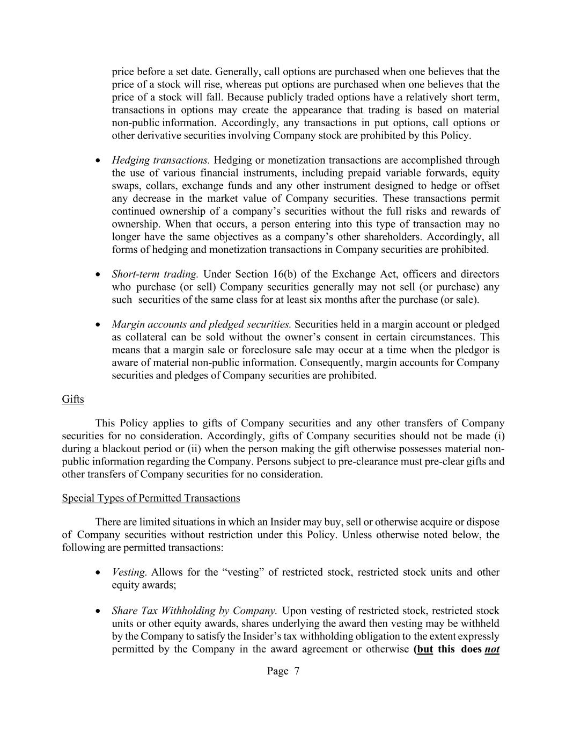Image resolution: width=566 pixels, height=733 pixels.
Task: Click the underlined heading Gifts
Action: (x=73, y=400)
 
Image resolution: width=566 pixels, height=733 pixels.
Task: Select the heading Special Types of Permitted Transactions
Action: (x=151, y=498)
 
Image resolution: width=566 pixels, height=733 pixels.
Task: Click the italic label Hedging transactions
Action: (x=160, y=160)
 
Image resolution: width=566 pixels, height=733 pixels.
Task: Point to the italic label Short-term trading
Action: (x=155, y=274)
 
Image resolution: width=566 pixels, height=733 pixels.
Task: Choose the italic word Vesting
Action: (x=129, y=572)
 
